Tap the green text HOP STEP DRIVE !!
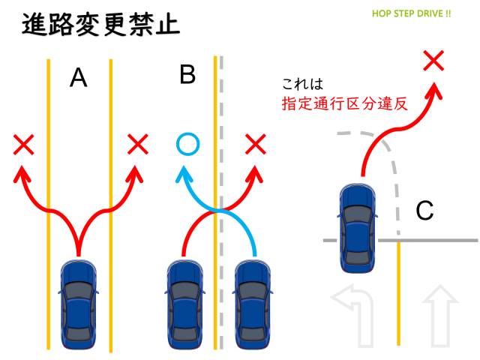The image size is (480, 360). (411, 14)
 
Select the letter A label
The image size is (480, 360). (79, 78)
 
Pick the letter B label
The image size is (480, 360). (187, 75)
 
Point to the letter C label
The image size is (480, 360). (424, 212)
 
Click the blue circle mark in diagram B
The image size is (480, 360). (187, 142)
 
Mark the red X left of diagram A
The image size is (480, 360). (24, 144)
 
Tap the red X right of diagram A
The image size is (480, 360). (137, 143)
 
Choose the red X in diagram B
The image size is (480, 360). (256, 143)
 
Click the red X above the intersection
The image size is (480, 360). (433, 60)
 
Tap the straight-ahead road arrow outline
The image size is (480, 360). (440, 315)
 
